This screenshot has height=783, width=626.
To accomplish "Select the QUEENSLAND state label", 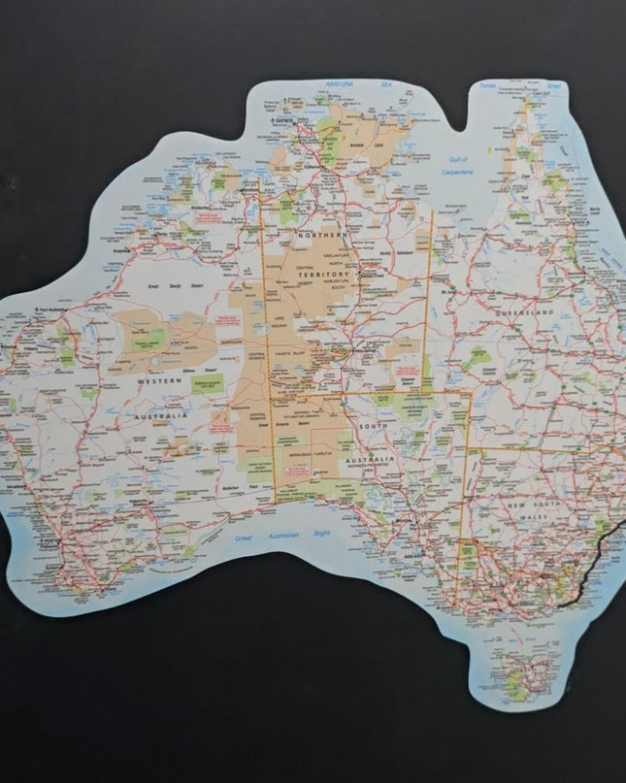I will click(x=523, y=313).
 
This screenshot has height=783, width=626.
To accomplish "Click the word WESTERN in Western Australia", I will click(x=158, y=381).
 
